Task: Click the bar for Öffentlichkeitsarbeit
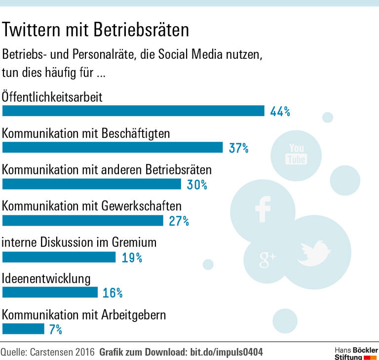pos(133,111)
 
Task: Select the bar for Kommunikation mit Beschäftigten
pos(113,147)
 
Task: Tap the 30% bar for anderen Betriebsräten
pos(92,184)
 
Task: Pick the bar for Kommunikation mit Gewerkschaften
pos(83,220)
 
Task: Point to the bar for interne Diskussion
pos(59,257)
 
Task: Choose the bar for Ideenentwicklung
pos(50,293)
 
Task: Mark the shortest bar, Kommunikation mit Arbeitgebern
pos(24,329)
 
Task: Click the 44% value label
pos(280,111)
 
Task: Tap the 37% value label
pos(238,148)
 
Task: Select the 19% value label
pos(132,257)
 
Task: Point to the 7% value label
pos(55,329)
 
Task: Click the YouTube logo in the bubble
pos(297,154)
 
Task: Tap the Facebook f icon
pos(263,208)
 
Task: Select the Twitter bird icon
pos(314,252)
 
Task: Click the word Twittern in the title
pos(32,31)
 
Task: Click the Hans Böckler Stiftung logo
pos(355,352)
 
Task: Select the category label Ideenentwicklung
pos(46,279)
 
